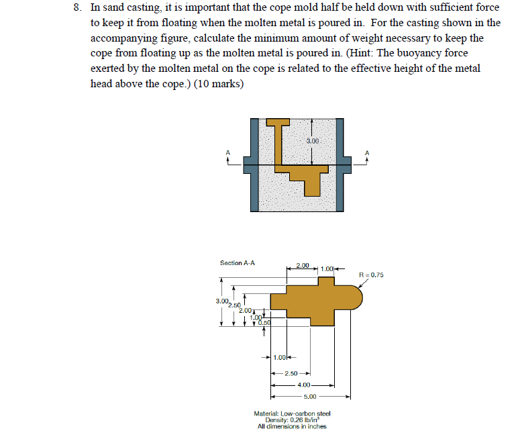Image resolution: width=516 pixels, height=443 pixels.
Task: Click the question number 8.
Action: [78, 7]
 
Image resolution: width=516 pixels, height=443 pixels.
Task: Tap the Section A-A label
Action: [238, 263]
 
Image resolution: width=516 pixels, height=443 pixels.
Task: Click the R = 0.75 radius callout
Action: [371, 275]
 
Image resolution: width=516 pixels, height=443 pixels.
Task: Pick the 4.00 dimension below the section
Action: [303, 385]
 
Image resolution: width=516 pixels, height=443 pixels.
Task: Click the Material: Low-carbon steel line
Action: [292, 413]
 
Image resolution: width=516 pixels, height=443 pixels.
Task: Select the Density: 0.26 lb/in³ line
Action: [292, 420]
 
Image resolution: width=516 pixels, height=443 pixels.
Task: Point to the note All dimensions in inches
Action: [292, 427]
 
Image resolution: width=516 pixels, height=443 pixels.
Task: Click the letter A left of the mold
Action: [228, 153]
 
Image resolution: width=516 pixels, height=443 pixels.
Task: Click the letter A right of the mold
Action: [366, 152]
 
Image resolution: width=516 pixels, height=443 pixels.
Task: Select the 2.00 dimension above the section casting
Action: [303, 266]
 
